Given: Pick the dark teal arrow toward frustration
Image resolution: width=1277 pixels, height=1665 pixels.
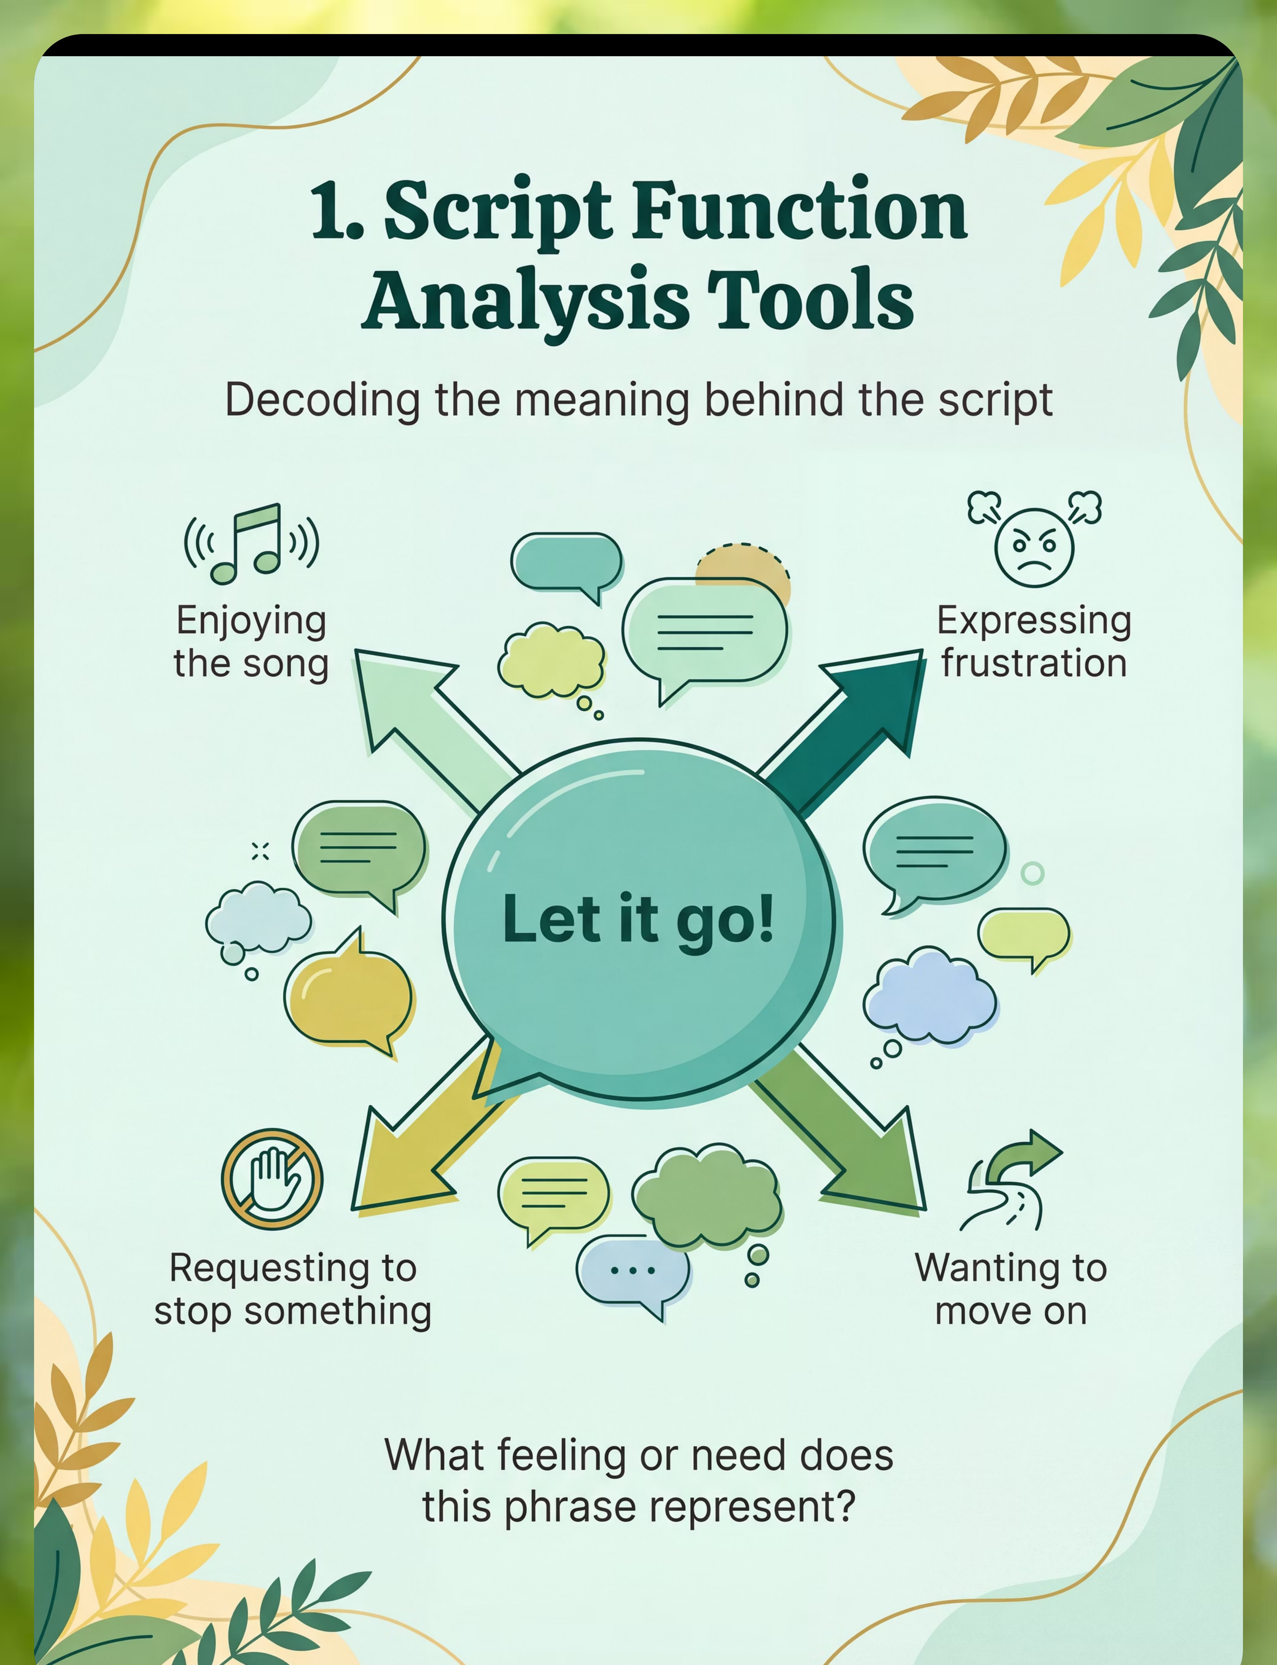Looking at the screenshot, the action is point(844,730).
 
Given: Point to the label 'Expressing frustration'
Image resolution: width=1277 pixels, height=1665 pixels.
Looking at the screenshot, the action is point(1034,642).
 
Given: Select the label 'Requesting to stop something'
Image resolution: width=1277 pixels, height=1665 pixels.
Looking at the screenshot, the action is point(293,1290).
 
